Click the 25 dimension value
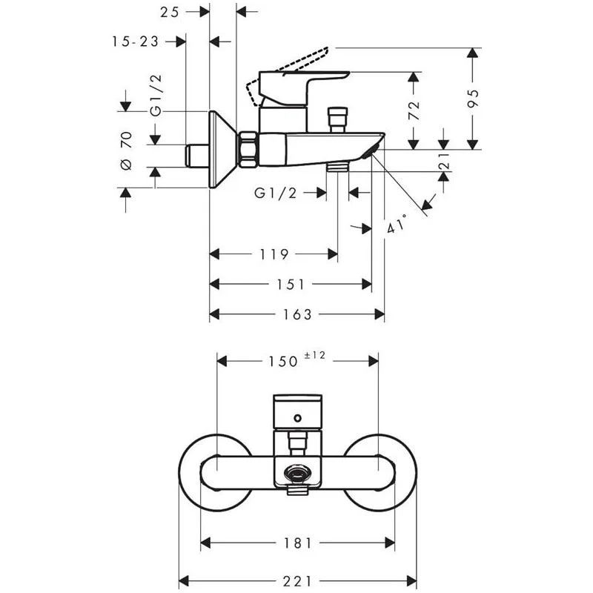[x=169, y=12]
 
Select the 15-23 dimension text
[x=135, y=42]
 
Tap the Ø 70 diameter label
[x=126, y=150]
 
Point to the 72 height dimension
[x=414, y=110]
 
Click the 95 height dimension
[x=473, y=99]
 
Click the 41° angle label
[x=397, y=224]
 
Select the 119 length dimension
[x=274, y=254]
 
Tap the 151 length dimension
[x=291, y=284]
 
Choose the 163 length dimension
[x=297, y=314]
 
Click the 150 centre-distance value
[x=283, y=362]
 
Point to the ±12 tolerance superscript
[x=314, y=355]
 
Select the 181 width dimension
[x=298, y=543]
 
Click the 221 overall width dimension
[x=297, y=580]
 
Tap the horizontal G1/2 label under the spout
[x=275, y=193]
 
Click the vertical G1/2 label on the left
[x=156, y=96]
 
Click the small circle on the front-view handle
[x=298, y=418]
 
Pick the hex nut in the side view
[x=248, y=149]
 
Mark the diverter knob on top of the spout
[x=338, y=119]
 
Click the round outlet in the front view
[x=298, y=473]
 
